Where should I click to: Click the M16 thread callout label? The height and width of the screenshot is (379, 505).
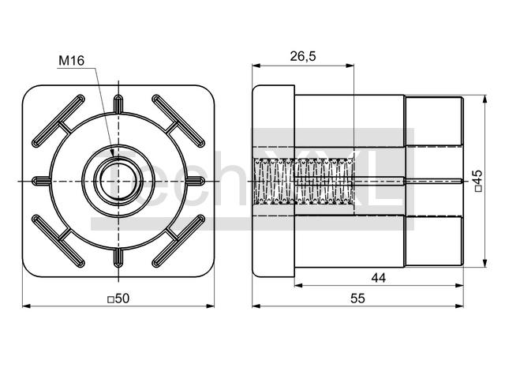tap(71, 61)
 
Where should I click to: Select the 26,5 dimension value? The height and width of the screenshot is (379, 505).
tap(303, 56)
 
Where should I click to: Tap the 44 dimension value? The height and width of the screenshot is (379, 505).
tap(379, 278)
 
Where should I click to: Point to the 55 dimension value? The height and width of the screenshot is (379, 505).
tap(357, 298)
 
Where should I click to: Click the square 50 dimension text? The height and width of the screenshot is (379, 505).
tap(118, 298)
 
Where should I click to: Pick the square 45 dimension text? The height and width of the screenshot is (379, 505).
tap(479, 181)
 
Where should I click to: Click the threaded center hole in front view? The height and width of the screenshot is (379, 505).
tap(118, 181)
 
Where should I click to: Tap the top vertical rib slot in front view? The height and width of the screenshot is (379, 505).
tap(118, 103)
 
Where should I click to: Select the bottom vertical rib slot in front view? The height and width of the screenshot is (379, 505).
tap(118, 258)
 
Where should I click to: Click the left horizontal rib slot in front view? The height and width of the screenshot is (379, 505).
tap(42, 181)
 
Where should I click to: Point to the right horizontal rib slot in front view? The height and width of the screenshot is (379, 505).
tap(196, 181)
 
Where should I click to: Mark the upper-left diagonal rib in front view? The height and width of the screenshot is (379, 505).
tap(58, 121)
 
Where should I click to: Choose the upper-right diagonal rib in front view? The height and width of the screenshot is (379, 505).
tap(178, 121)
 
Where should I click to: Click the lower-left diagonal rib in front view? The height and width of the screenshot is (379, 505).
tap(58, 241)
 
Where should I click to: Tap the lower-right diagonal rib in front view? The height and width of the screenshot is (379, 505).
tap(178, 241)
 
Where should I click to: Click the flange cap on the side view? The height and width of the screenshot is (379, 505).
tap(274, 181)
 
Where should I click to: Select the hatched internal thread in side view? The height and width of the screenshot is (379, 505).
tap(304, 182)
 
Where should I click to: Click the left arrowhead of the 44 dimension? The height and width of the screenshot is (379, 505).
tap(299, 285)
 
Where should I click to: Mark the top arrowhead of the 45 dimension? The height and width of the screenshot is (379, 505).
tap(484, 99)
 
